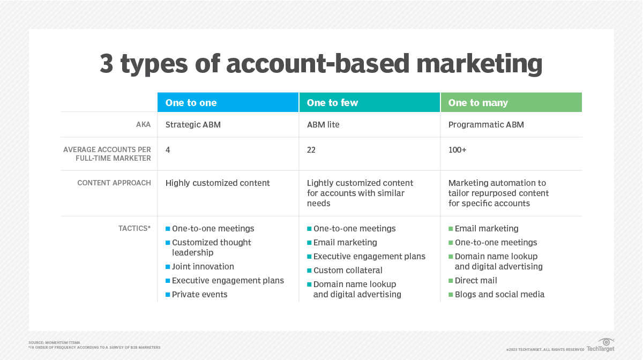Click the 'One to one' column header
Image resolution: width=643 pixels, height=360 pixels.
click(191, 103)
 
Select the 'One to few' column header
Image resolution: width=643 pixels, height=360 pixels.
click(332, 103)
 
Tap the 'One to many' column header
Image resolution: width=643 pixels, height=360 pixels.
click(478, 103)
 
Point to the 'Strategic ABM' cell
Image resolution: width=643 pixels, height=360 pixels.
click(193, 125)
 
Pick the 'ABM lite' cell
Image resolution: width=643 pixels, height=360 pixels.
click(323, 125)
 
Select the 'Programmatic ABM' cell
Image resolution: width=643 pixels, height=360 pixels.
click(486, 125)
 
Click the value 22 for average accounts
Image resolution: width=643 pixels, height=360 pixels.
click(311, 150)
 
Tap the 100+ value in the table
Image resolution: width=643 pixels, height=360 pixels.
click(457, 150)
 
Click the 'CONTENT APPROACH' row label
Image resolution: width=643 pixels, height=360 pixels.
click(114, 183)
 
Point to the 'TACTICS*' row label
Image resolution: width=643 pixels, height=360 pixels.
click(134, 229)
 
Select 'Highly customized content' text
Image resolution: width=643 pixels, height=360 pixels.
click(218, 183)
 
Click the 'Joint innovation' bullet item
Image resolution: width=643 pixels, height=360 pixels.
click(203, 267)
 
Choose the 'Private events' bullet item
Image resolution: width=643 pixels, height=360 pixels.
click(199, 295)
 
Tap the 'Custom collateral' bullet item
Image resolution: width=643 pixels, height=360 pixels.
click(348, 271)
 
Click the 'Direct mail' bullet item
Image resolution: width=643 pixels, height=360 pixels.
click(476, 281)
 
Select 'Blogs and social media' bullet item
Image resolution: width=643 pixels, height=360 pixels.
click(499, 295)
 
